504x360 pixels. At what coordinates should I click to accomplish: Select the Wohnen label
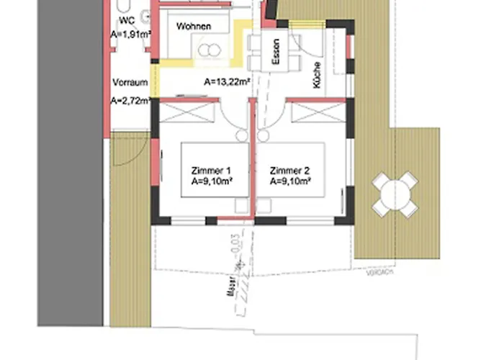click(194, 27)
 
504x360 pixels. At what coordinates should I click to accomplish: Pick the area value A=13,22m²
click(227, 81)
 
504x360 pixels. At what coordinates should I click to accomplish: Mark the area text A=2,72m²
click(130, 101)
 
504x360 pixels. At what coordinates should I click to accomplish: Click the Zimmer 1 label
click(211, 171)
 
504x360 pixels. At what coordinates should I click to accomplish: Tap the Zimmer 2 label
click(289, 171)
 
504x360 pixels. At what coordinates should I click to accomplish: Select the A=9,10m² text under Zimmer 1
click(212, 183)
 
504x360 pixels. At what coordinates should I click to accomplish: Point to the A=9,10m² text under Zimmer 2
click(290, 183)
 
